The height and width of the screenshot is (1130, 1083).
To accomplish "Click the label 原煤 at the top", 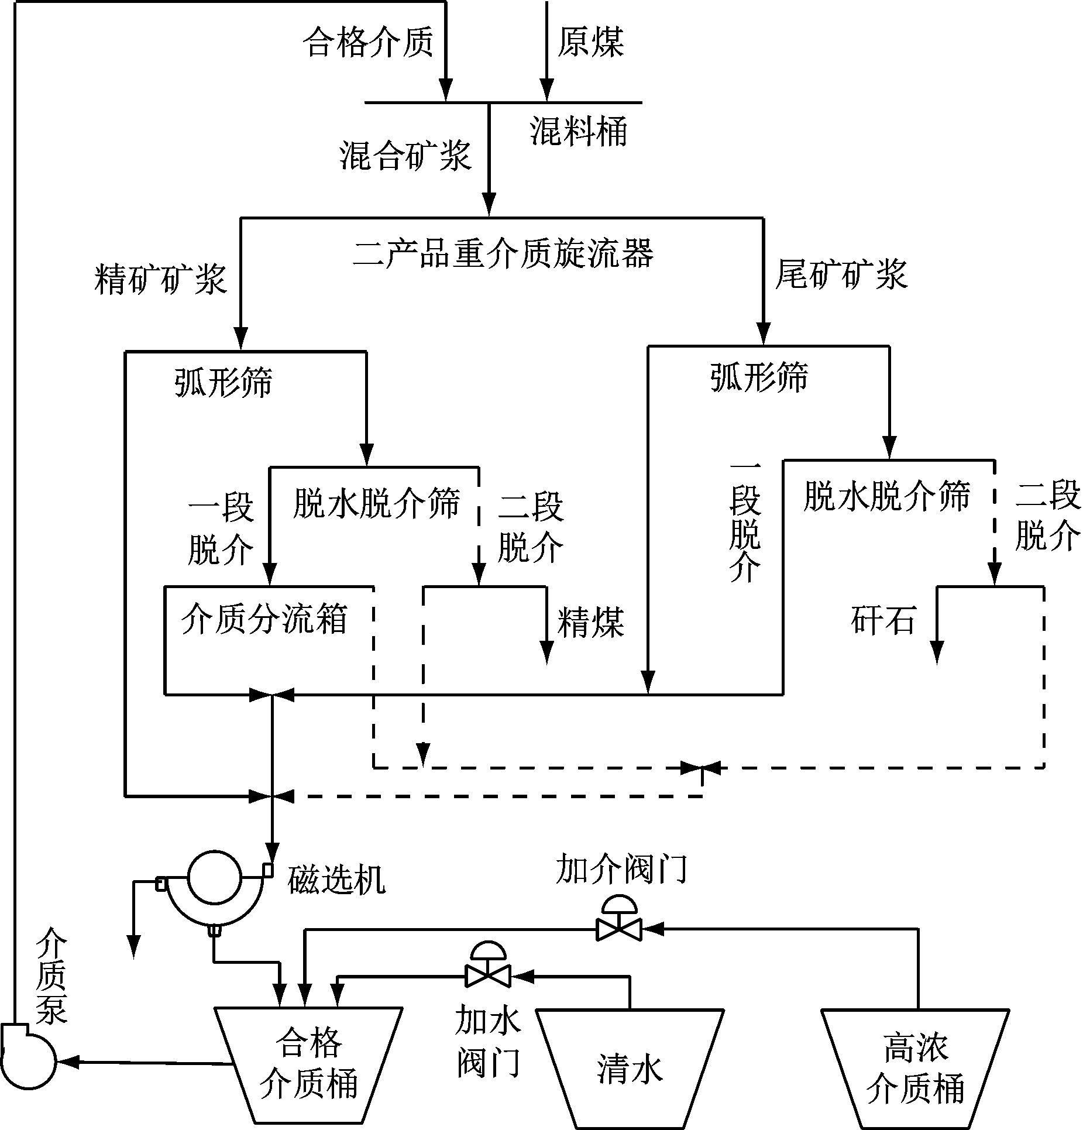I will click(x=590, y=42).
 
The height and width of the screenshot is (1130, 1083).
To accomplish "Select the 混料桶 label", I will click(x=579, y=131).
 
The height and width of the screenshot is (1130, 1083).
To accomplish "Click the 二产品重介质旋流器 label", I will click(x=503, y=255).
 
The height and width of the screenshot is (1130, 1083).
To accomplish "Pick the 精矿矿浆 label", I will click(x=161, y=279).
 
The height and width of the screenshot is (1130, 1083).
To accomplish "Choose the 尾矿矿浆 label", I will click(x=841, y=274).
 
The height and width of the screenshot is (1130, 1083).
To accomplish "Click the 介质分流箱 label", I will click(x=264, y=619).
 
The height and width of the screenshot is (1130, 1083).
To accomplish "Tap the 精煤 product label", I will click(x=590, y=621).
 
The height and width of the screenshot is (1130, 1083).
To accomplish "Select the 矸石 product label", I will click(x=882, y=620).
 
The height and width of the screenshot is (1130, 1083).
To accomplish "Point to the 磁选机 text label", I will click(x=336, y=879).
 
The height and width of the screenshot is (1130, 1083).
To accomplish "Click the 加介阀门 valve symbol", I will click(x=618, y=928).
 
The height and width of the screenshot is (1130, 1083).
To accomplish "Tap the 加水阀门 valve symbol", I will click(x=487, y=975).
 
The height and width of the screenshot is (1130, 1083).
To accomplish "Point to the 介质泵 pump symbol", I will click(x=27, y=1059).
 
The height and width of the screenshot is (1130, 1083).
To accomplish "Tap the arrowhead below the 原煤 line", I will click(x=546, y=91).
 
